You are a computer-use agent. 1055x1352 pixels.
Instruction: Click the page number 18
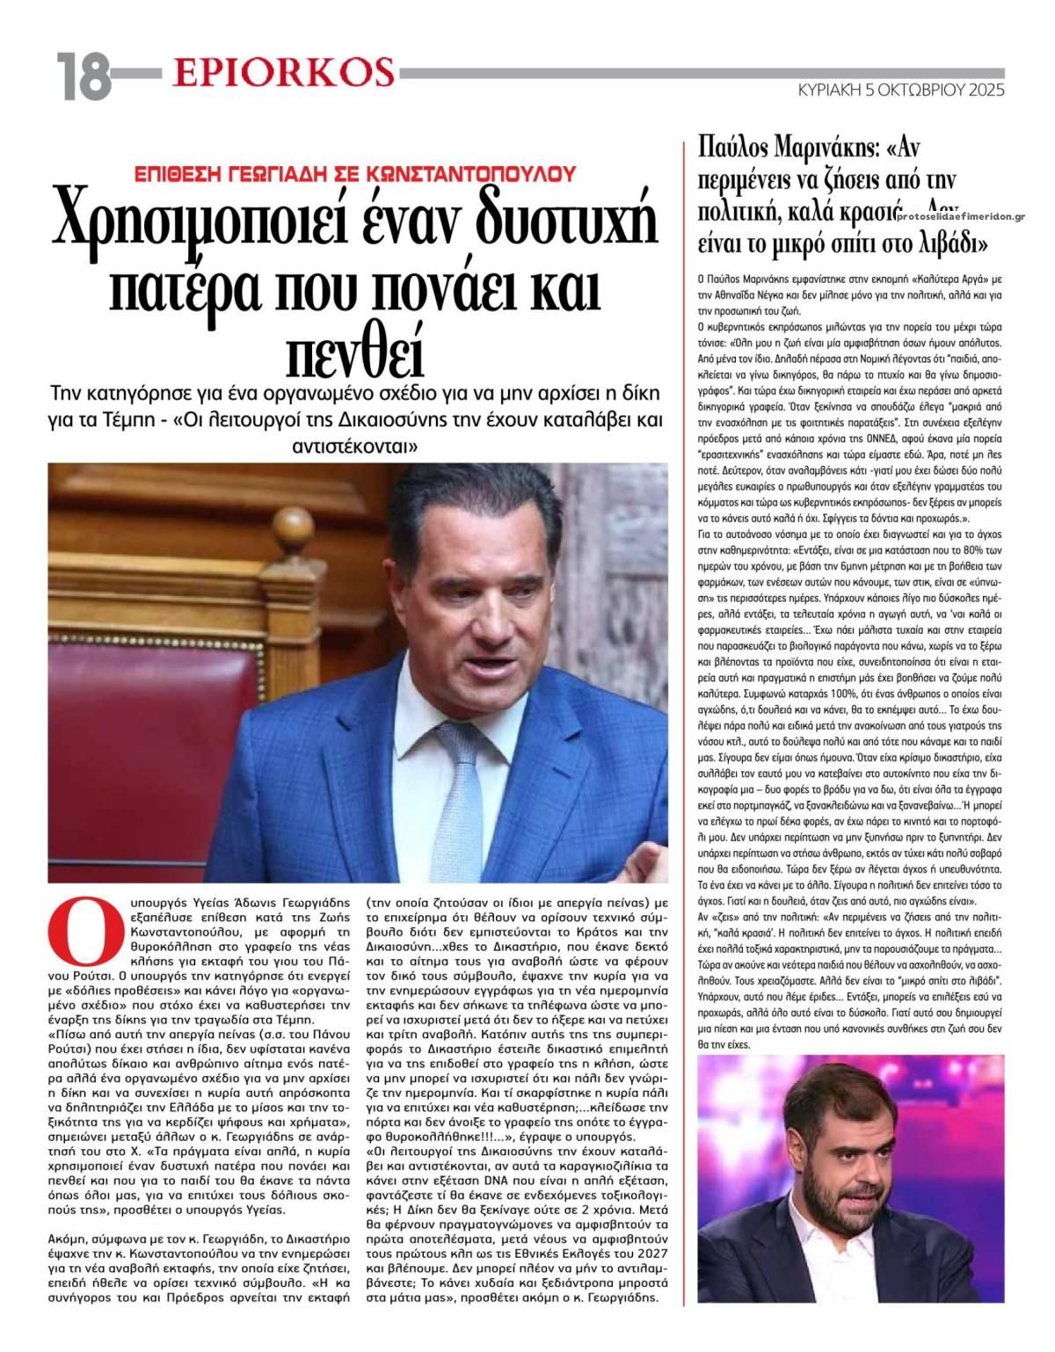[84, 77]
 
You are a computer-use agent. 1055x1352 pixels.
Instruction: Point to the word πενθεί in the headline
[356, 351]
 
